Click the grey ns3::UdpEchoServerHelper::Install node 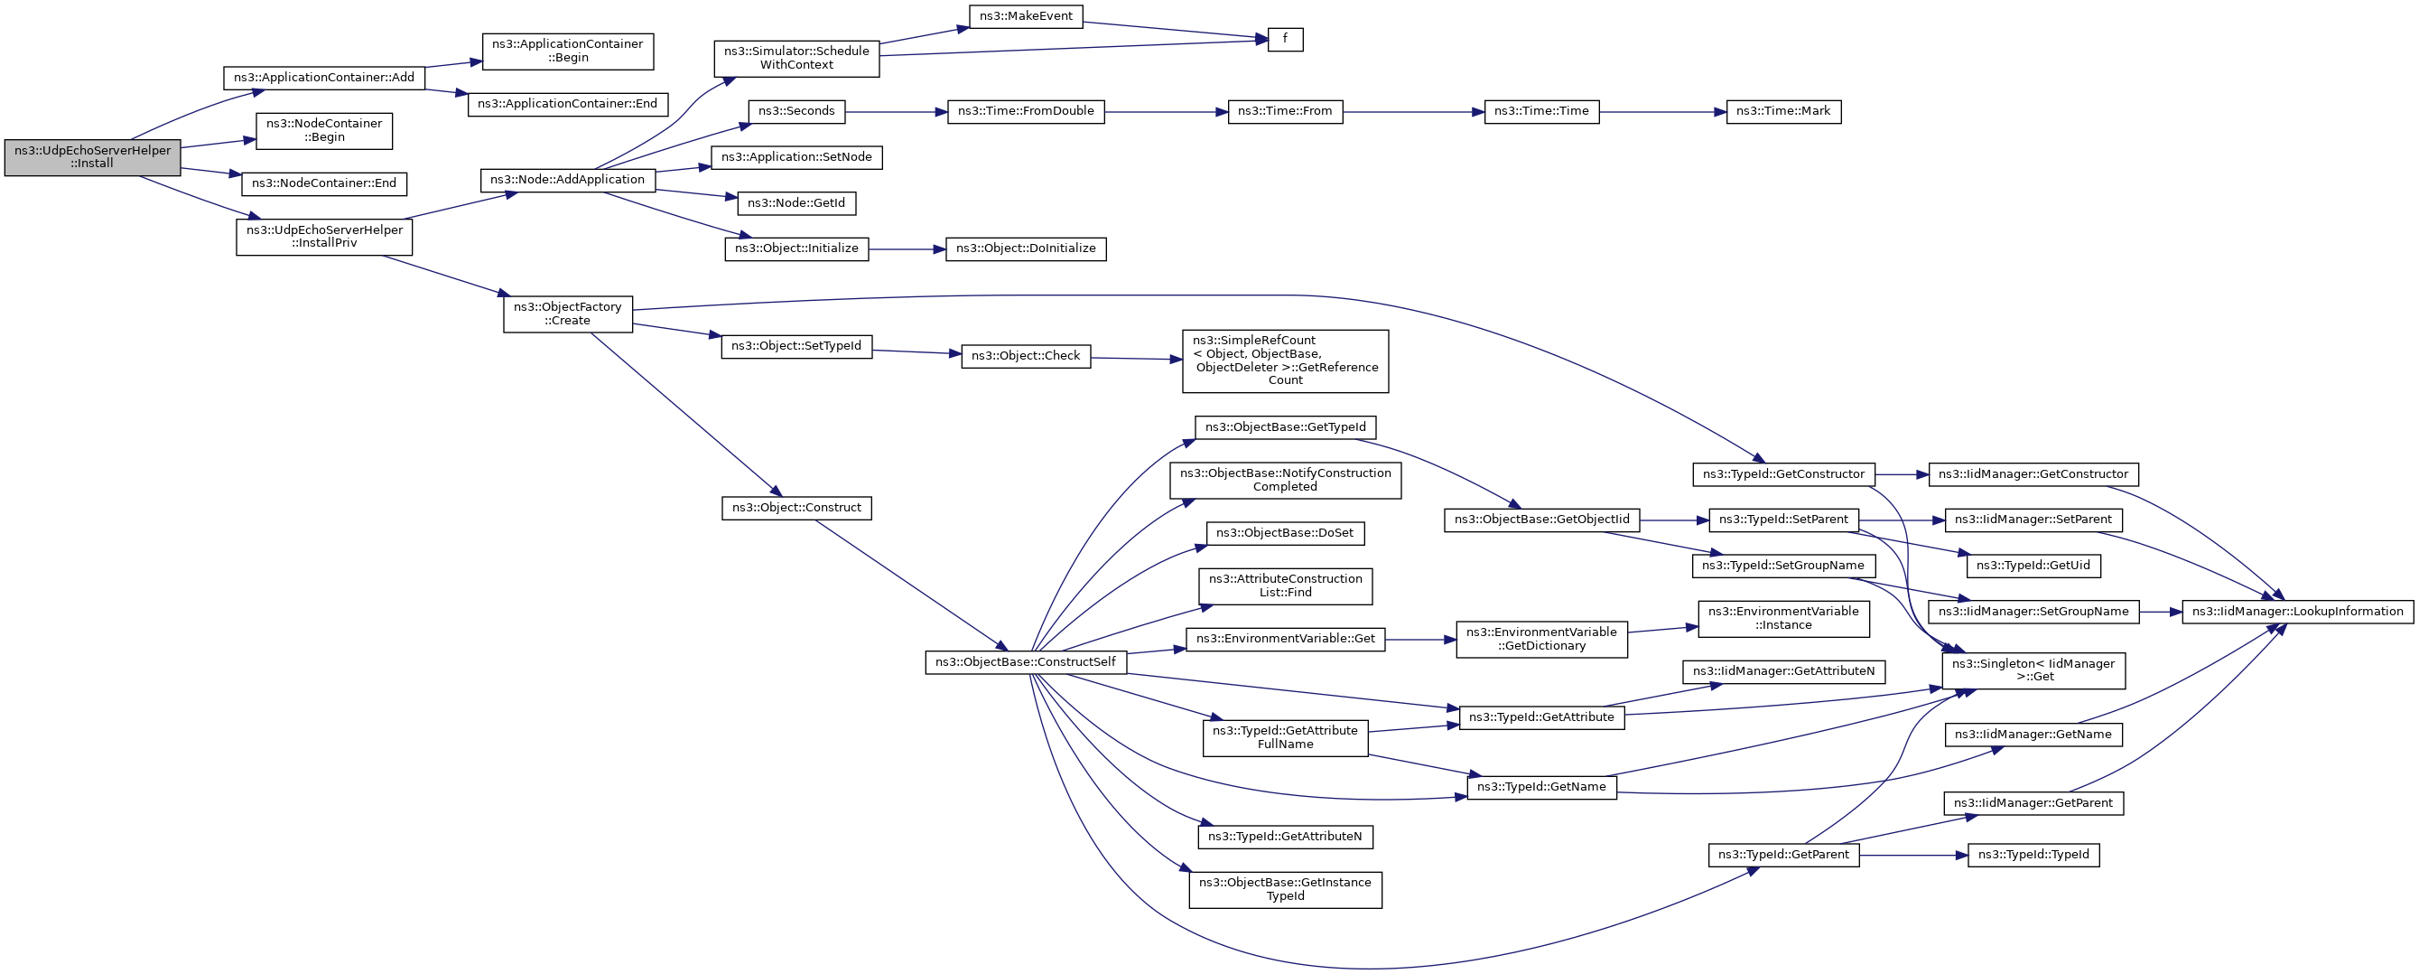tap(92, 158)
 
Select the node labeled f tap(1285, 40)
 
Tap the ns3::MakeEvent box tap(1026, 17)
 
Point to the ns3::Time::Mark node tap(1783, 112)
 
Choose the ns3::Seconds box tap(796, 112)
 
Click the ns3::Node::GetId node tap(796, 203)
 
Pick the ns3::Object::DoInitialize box tap(1026, 248)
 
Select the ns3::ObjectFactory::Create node tap(567, 314)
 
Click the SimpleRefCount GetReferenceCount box tap(1285, 361)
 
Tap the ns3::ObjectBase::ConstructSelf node tap(1026, 662)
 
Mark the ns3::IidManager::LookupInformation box tap(2297, 612)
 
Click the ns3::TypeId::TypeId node tap(2033, 856)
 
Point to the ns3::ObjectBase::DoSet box tap(1285, 533)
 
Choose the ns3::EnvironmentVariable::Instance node tap(1783, 618)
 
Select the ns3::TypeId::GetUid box tap(2033, 566)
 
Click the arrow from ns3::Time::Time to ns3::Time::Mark tap(1663, 112)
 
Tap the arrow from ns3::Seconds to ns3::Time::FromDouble tap(896, 112)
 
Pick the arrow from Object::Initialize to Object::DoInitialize tap(907, 248)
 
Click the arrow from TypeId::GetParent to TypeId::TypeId tap(1913, 856)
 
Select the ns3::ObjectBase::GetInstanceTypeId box tap(1285, 889)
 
